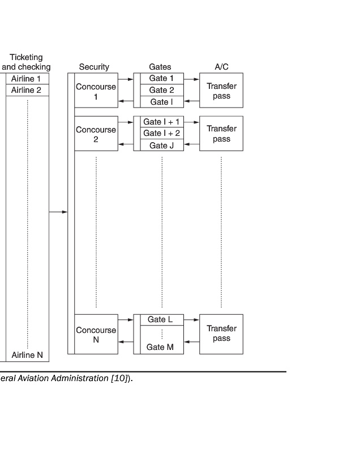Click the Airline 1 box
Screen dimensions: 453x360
[x=27, y=79]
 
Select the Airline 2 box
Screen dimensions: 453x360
[x=27, y=91]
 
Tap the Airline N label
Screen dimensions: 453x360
[x=27, y=356]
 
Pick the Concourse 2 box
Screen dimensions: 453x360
[x=96, y=134]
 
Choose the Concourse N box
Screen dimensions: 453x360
[x=96, y=335]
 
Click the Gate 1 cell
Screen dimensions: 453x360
[x=162, y=79]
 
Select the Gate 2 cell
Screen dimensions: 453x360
[x=162, y=91]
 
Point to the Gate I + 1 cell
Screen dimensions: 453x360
[x=162, y=122]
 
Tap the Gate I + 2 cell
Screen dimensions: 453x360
[x=162, y=133]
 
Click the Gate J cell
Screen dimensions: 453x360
[x=162, y=146]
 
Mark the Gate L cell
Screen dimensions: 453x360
[x=162, y=320]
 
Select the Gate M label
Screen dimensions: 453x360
[x=160, y=347]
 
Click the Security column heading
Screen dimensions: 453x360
[x=94, y=67]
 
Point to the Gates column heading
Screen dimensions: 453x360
[x=160, y=67]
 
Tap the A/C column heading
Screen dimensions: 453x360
[x=221, y=67]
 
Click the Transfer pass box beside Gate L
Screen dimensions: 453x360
[x=221, y=334]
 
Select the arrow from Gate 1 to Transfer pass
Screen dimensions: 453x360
[x=191, y=79]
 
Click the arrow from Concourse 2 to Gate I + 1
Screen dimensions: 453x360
[x=126, y=122]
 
